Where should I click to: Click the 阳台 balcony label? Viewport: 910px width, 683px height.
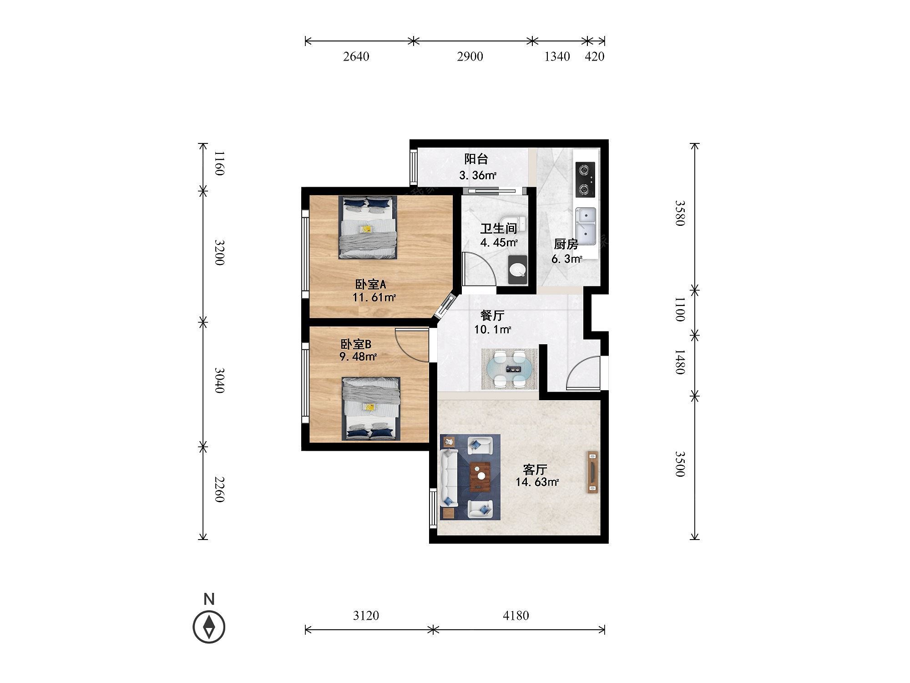476,159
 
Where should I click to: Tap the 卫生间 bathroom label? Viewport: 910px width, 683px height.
499,229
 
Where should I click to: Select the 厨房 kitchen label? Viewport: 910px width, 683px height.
566,245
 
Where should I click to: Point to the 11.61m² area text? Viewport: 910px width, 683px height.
374,298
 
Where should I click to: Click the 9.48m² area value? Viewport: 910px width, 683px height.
358,357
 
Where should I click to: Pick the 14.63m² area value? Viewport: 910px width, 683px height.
537,482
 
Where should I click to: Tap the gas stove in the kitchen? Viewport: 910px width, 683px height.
585,179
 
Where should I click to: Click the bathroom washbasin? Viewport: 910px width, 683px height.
518,270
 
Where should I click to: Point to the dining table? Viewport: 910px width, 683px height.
510,369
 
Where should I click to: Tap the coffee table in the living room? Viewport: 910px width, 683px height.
480,477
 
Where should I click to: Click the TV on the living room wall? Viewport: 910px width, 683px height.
592,472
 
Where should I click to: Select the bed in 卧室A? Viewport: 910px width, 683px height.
368,227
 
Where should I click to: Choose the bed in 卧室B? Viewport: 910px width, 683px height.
371,408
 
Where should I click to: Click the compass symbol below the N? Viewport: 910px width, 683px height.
209,627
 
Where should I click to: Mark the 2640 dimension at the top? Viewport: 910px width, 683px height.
356,56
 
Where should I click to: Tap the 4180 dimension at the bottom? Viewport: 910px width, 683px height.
516,616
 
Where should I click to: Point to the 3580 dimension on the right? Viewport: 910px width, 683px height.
679,213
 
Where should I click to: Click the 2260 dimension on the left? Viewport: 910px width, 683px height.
220,489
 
